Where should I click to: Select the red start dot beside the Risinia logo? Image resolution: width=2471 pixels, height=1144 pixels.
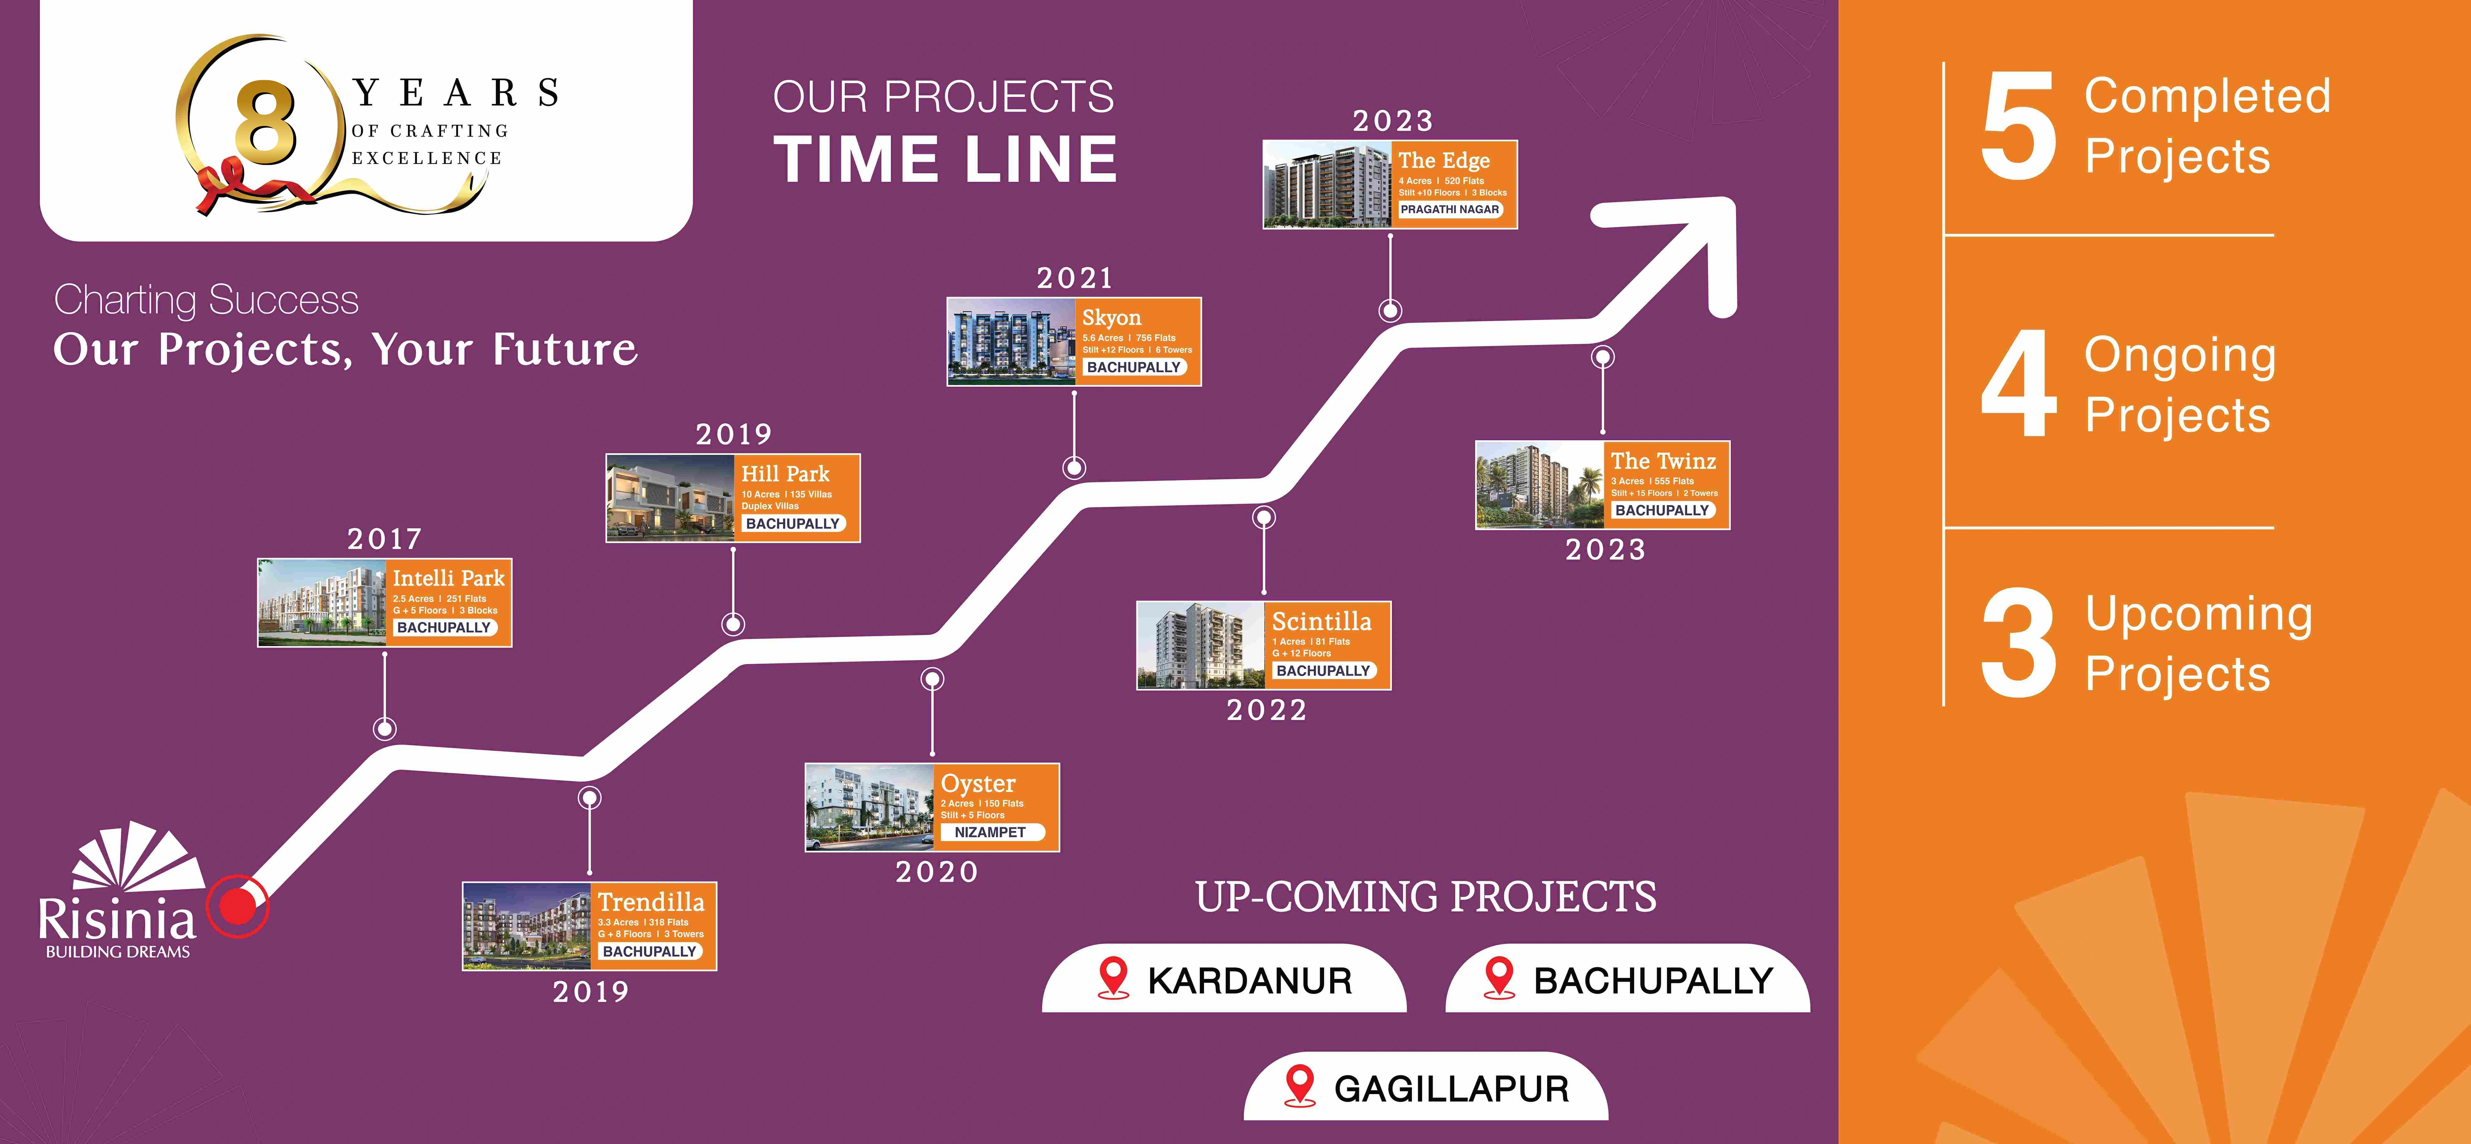238,905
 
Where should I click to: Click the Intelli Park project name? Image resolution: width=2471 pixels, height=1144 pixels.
448,578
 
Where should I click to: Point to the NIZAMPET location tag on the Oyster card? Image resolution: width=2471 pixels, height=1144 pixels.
990,832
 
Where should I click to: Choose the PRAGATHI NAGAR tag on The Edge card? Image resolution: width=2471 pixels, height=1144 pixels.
1450,209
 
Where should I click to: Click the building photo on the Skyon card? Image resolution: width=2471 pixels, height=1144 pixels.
1011,342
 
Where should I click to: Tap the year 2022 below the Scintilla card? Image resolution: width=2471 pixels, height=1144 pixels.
1266,710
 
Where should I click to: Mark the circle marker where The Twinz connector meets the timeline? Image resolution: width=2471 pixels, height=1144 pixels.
1603,357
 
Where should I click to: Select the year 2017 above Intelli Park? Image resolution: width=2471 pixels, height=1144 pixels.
385,539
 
